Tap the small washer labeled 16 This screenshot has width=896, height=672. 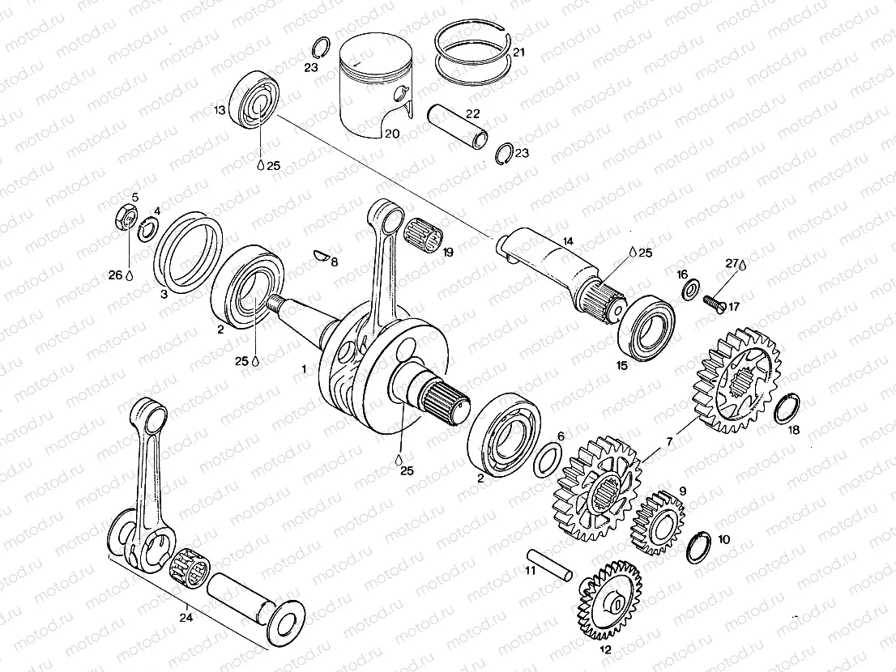689,290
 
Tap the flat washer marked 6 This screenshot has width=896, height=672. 550,459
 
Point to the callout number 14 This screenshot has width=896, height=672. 567,240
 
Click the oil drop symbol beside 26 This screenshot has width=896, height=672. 128,276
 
